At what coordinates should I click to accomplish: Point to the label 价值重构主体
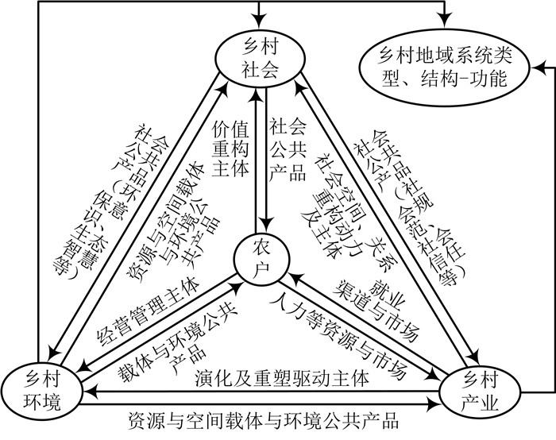click(230, 148)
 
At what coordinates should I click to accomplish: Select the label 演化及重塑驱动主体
click(281, 374)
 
